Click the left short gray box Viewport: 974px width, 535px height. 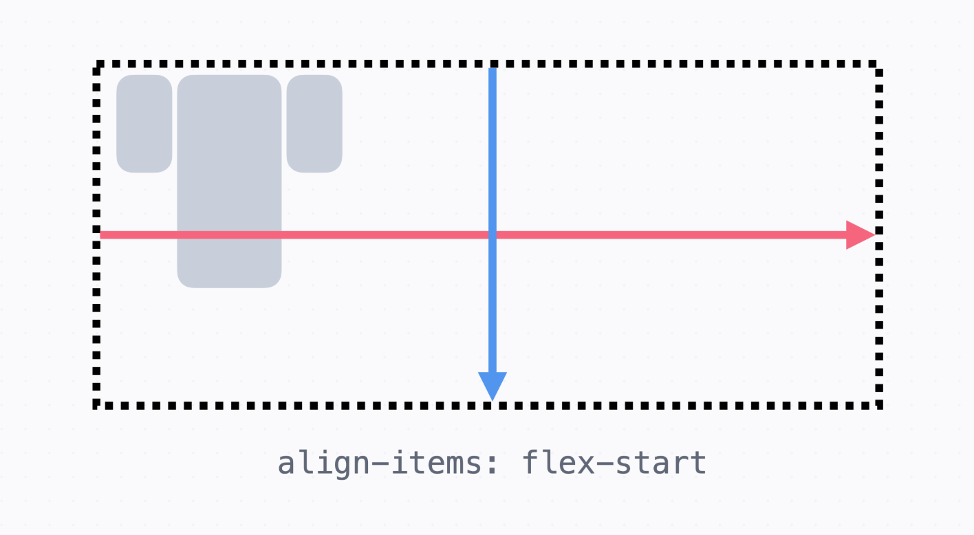tap(144, 124)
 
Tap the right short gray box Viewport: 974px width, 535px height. tap(314, 124)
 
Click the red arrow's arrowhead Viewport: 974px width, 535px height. tap(861, 235)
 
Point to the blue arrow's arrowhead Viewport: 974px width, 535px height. tap(493, 385)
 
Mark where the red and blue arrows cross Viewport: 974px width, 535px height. tap(493, 235)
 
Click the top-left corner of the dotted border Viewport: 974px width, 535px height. tap(97, 65)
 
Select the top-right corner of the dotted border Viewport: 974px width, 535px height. tap(879, 65)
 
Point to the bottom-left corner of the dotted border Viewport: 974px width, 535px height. tap(97, 405)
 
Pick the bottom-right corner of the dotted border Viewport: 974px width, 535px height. tap(879, 405)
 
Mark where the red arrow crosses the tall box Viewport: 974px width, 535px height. tap(229, 235)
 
